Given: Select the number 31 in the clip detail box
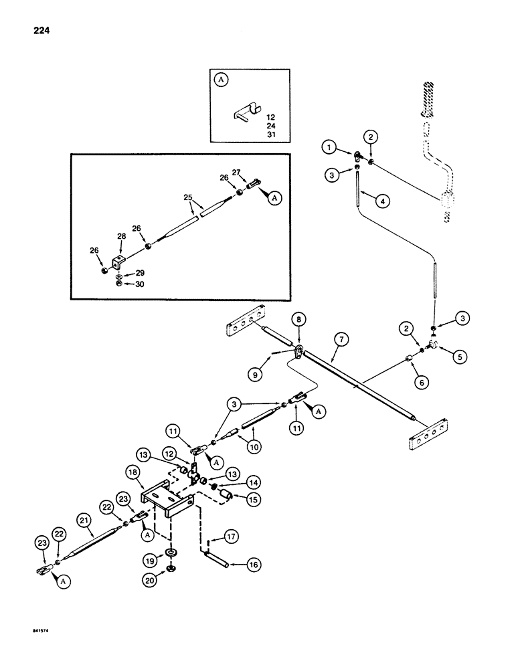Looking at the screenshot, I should pos(270,134).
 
